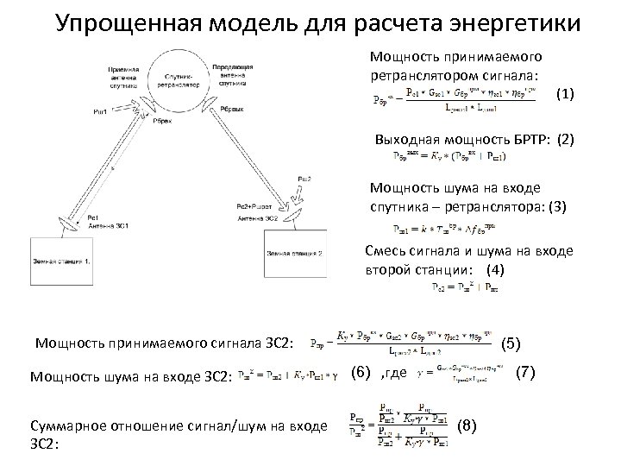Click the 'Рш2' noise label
click(x=304, y=178)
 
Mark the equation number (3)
click(x=558, y=206)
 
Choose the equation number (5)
click(x=511, y=343)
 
